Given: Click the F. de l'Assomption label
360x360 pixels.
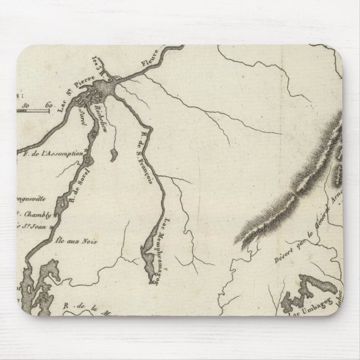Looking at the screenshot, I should tap(53, 152).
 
